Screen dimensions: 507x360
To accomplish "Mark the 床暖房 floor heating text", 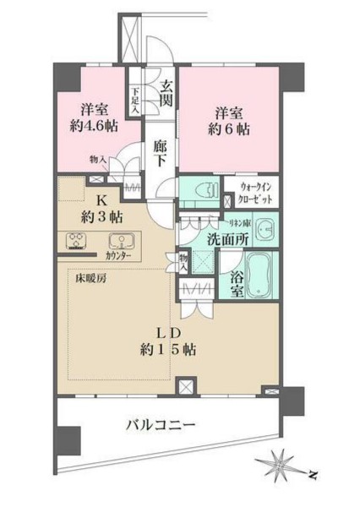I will click(82, 278).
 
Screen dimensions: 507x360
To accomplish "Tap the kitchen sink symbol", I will click(117, 239).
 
